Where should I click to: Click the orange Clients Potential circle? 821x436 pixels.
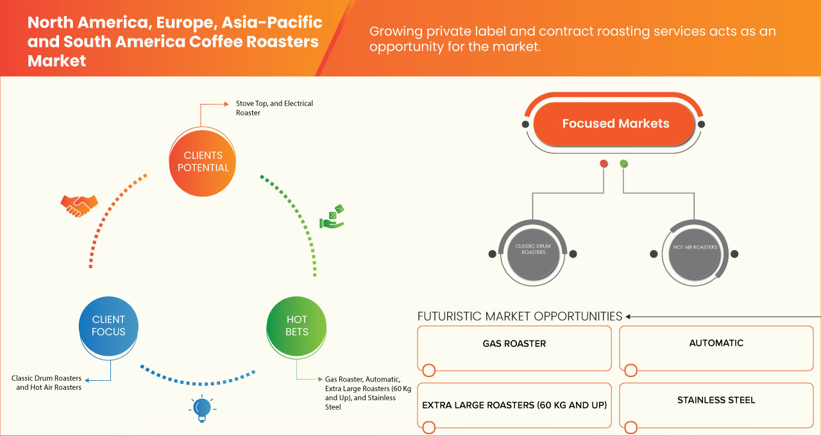pos(202,162)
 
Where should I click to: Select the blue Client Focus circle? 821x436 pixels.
pos(108,326)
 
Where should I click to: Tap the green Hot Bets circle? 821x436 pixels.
pos(296,326)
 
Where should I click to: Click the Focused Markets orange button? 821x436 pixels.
pos(615,124)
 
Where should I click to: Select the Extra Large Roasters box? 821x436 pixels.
pos(514,405)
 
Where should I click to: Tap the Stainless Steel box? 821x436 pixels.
pos(716,405)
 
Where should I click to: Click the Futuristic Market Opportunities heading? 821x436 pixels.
pos(520,316)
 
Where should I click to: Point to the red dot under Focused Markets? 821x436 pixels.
pos(604,164)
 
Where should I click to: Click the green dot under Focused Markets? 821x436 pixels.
pos(624,164)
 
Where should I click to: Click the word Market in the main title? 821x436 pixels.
pos(56,60)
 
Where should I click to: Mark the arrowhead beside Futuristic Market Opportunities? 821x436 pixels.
pos(629,316)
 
